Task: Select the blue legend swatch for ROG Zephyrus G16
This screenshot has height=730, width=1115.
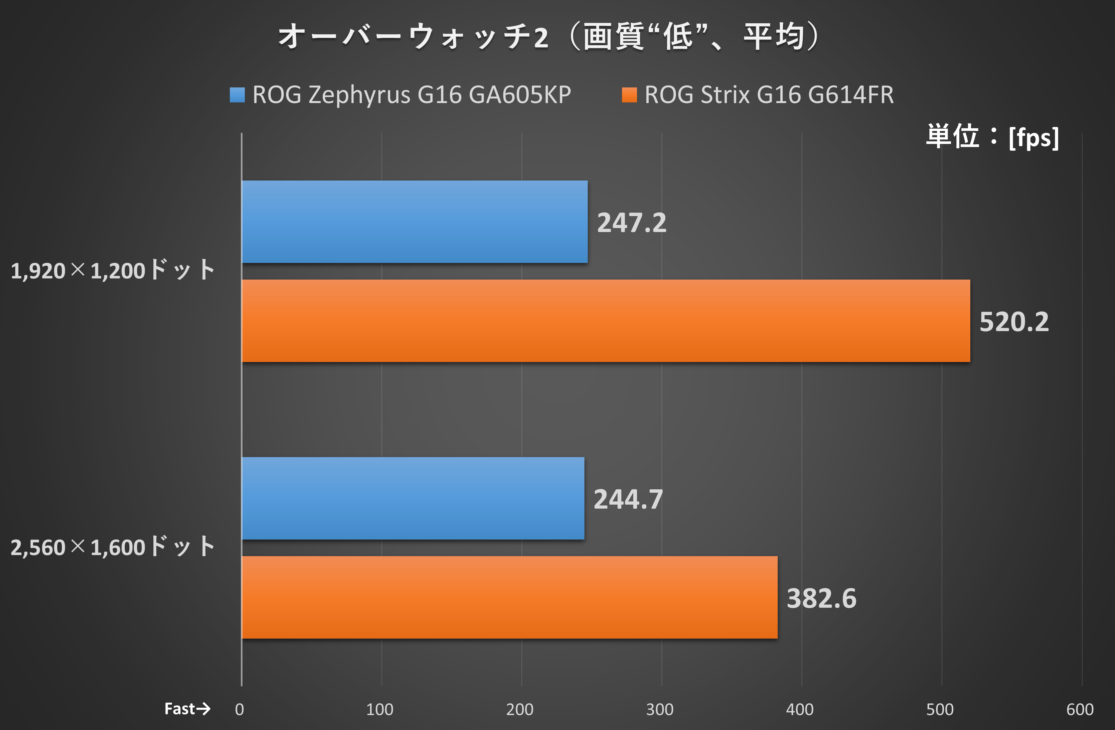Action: [237, 95]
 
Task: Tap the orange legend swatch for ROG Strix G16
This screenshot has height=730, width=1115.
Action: [629, 95]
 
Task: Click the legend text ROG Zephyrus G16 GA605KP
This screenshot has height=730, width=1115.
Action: [411, 95]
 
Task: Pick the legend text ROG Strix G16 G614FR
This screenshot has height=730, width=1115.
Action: [769, 95]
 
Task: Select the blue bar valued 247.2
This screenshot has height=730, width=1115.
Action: [414, 222]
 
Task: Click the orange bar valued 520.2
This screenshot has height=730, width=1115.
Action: [606, 321]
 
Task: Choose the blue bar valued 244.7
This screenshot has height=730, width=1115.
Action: [413, 498]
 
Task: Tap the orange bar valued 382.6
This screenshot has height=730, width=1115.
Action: [509, 597]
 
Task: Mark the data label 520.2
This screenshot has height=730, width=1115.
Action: [1014, 322]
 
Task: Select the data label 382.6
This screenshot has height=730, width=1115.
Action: [821, 598]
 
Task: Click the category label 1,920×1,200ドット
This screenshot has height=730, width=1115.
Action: [112, 271]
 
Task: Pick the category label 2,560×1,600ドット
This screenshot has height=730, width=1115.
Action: [112, 547]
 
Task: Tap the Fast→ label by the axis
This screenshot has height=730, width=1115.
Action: [187, 709]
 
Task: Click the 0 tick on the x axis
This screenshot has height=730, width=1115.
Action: [239, 710]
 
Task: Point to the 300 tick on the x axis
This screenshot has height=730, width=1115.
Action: [660, 710]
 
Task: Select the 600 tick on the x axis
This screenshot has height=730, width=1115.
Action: [1080, 710]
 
